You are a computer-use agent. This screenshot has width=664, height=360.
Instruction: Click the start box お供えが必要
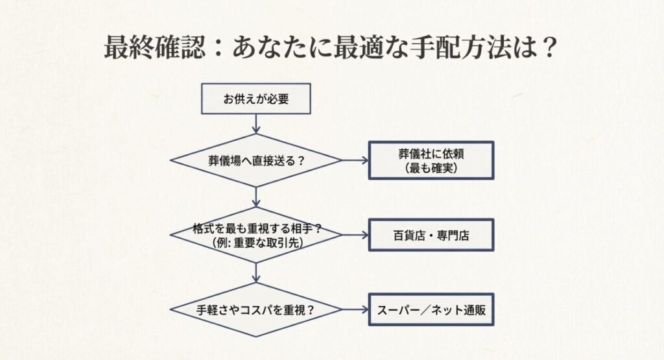pos(257,100)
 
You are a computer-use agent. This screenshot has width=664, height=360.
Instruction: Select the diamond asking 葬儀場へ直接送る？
pos(256,160)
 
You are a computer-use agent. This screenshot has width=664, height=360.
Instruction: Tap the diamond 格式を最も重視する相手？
pos(256,235)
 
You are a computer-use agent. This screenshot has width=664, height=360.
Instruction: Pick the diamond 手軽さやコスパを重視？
pos(256,309)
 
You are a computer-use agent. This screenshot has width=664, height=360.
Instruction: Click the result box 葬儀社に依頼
pos(431,160)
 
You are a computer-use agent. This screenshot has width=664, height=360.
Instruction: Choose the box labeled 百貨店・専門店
pos(431,235)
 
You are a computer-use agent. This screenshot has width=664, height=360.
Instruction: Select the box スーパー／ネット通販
pos(431,309)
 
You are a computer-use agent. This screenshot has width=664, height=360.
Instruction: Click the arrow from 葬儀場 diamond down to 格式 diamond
pos(257,197)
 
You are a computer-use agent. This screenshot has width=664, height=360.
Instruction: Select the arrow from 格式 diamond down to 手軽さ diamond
pos(257,272)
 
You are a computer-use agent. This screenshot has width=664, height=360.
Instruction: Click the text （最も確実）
pos(431,168)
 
